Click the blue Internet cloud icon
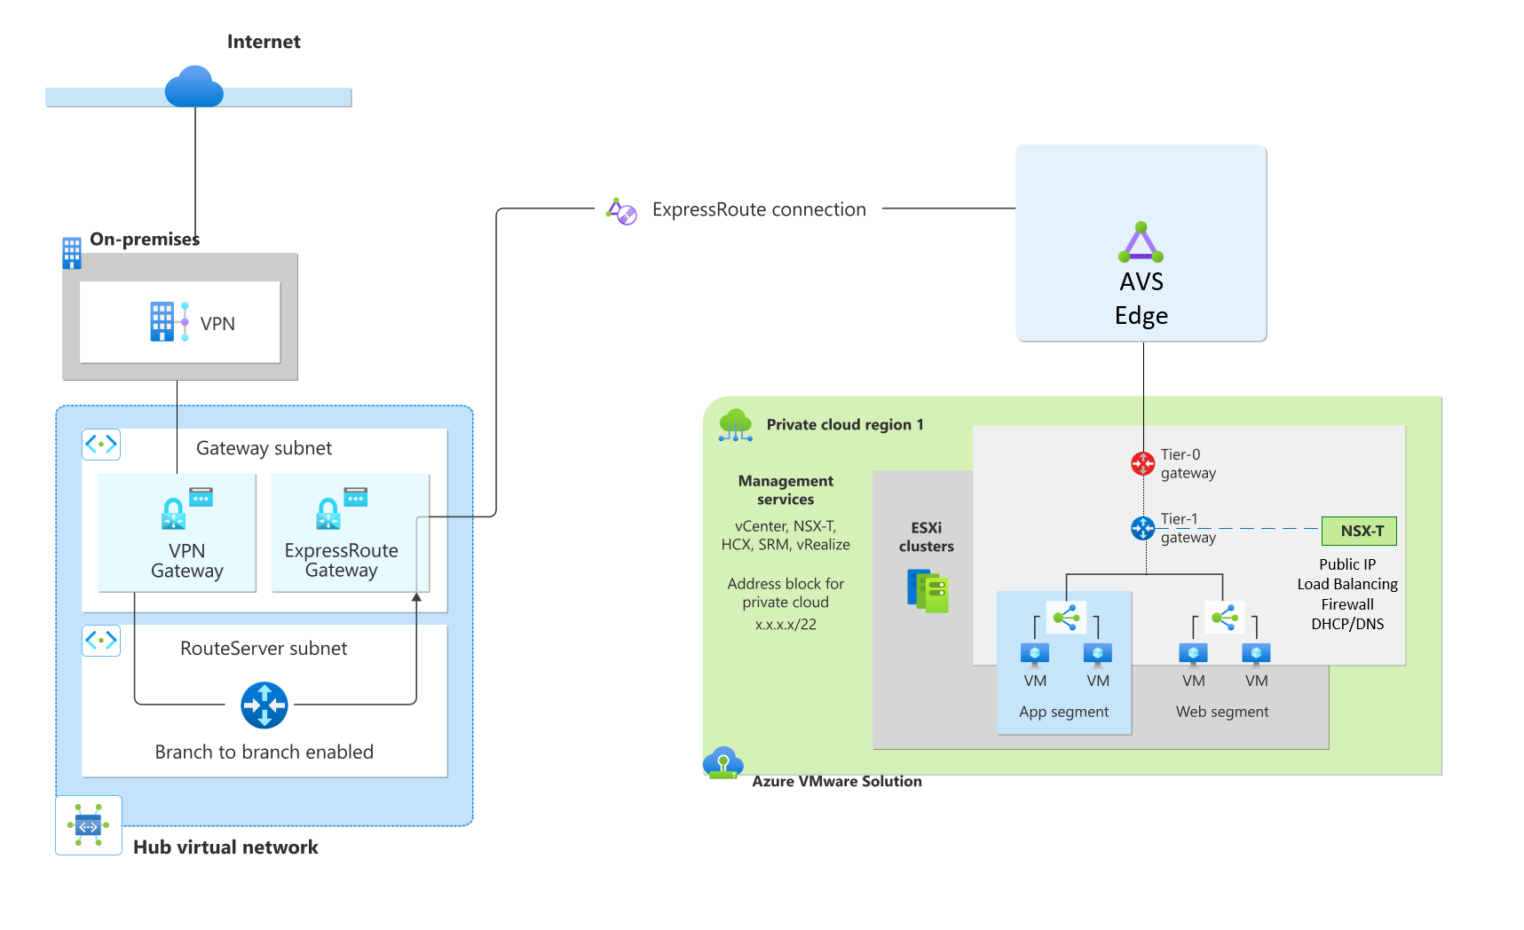tap(193, 87)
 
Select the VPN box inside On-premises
tap(180, 322)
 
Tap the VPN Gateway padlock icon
tap(174, 513)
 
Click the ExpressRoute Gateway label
tap(341, 560)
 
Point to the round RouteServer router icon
tap(265, 705)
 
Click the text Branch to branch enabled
tap(264, 752)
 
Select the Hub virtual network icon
tap(88, 825)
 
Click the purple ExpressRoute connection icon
tap(621, 211)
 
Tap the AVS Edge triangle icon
tap(1141, 242)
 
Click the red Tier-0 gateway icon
tap(1142, 463)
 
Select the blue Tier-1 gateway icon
tap(1142, 529)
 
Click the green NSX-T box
tap(1359, 531)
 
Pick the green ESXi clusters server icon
tap(928, 591)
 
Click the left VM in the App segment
tap(1035, 655)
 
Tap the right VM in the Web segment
tap(1256, 655)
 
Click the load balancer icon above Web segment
tap(1224, 617)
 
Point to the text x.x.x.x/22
tap(786, 624)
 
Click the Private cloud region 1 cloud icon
tap(736, 425)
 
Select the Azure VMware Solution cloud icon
tap(723, 762)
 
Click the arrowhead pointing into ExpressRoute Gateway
tap(416, 598)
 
